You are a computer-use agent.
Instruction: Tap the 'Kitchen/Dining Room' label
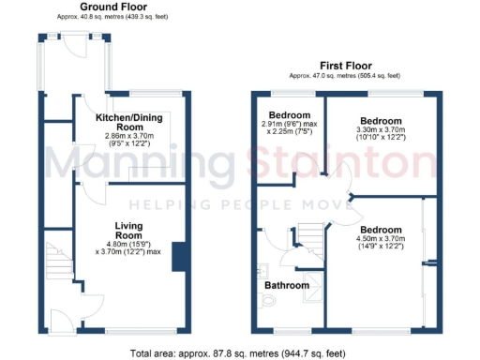pos(132,122)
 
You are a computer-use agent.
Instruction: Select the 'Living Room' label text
pos(128,232)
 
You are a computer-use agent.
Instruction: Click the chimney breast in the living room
pos(177,259)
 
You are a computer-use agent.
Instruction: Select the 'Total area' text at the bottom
pos(239,353)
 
